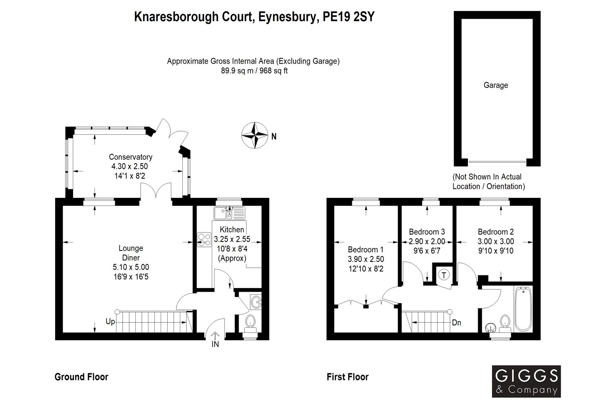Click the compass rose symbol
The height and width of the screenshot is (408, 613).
tap(255, 135)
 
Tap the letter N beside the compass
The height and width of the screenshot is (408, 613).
tap(274, 136)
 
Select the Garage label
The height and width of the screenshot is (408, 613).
tap(496, 85)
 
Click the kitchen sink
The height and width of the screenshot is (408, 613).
tap(230, 213)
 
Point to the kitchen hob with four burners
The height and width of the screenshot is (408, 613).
tap(204, 239)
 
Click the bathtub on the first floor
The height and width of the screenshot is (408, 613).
tap(523, 308)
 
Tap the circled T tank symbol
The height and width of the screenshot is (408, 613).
tap(444, 275)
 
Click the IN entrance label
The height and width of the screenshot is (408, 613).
tap(215, 344)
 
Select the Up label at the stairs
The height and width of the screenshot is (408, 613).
tap(110, 322)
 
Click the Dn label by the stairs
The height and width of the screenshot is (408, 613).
tap(456, 323)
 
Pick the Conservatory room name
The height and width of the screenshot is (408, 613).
tap(130, 157)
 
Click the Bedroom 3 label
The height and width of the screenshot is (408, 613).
tap(427, 232)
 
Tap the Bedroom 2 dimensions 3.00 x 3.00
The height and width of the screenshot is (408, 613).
tap(496, 241)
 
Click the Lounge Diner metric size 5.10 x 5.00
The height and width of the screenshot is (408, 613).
tap(131, 267)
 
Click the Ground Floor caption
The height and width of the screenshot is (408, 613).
tap(82, 377)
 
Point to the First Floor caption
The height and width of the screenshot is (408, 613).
tap(347, 377)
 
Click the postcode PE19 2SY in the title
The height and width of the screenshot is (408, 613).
tap(348, 17)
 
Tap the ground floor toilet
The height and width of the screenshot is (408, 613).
tap(250, 323)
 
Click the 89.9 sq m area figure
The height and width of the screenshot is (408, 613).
tap(233, 71)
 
